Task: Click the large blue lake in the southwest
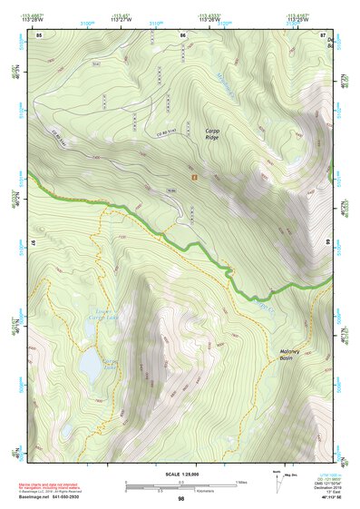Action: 91,365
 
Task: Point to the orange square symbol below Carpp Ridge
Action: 193,178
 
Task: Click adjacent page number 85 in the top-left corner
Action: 40,34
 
